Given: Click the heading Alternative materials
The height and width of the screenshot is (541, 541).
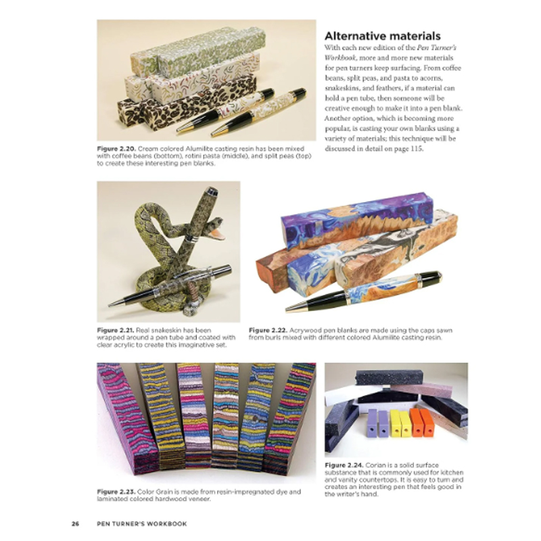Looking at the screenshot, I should coord(383,36).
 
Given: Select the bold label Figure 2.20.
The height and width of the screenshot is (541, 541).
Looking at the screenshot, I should coord(116,147).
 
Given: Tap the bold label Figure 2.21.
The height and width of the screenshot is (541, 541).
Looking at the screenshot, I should coord(117,330).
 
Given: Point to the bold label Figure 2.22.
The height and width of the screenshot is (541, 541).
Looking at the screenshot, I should coord(269,330).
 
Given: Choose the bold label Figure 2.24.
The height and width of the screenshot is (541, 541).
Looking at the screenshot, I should coord(346,466).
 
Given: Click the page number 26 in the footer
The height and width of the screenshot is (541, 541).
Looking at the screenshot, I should coord(76,523).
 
